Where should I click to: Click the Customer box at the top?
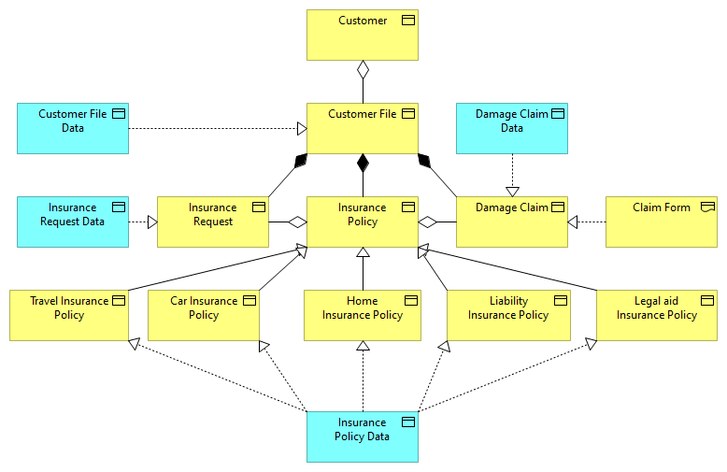[363, 35]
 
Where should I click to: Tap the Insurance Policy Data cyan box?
[363, 436]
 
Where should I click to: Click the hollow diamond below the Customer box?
[363, 69]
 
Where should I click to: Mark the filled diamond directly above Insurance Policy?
[363, 164]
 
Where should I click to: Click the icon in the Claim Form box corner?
[707, 207]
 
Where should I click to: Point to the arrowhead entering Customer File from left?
[301, 128]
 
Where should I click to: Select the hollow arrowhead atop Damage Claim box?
[512, 191]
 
